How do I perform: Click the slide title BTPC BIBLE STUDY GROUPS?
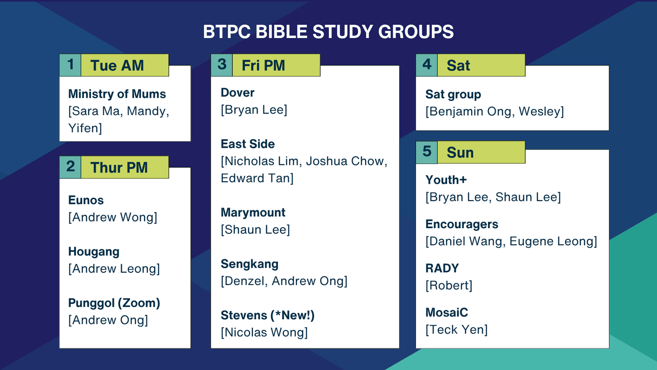(x=328, y=31)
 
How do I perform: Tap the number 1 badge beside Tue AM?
(x=70, y=65)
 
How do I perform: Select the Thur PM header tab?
(x=125, y=167)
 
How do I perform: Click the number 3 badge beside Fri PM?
(x=222, y=65)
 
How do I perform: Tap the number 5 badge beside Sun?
(x=427, y=152)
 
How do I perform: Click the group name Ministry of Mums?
(x=117, y=94)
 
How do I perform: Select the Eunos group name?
(x=86, y=200)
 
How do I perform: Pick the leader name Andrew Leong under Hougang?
(x=114, y=269)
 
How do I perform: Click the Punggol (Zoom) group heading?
(x=114, y=303)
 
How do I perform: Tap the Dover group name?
(x=237, y=92)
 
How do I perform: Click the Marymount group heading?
(x=253, y=213)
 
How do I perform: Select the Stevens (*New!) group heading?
(x=267, y=316)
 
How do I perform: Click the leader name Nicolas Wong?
(x=264, y=332)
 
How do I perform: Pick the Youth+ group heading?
(x=446, y=180)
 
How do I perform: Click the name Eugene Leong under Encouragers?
(x=551, y=241)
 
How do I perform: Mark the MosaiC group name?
(x=447, y=313)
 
